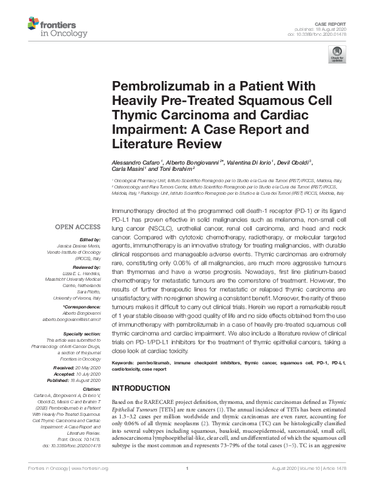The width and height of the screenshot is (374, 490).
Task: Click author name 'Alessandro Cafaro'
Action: pos(136,161)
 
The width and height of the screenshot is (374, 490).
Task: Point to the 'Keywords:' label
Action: pos(124,364)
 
